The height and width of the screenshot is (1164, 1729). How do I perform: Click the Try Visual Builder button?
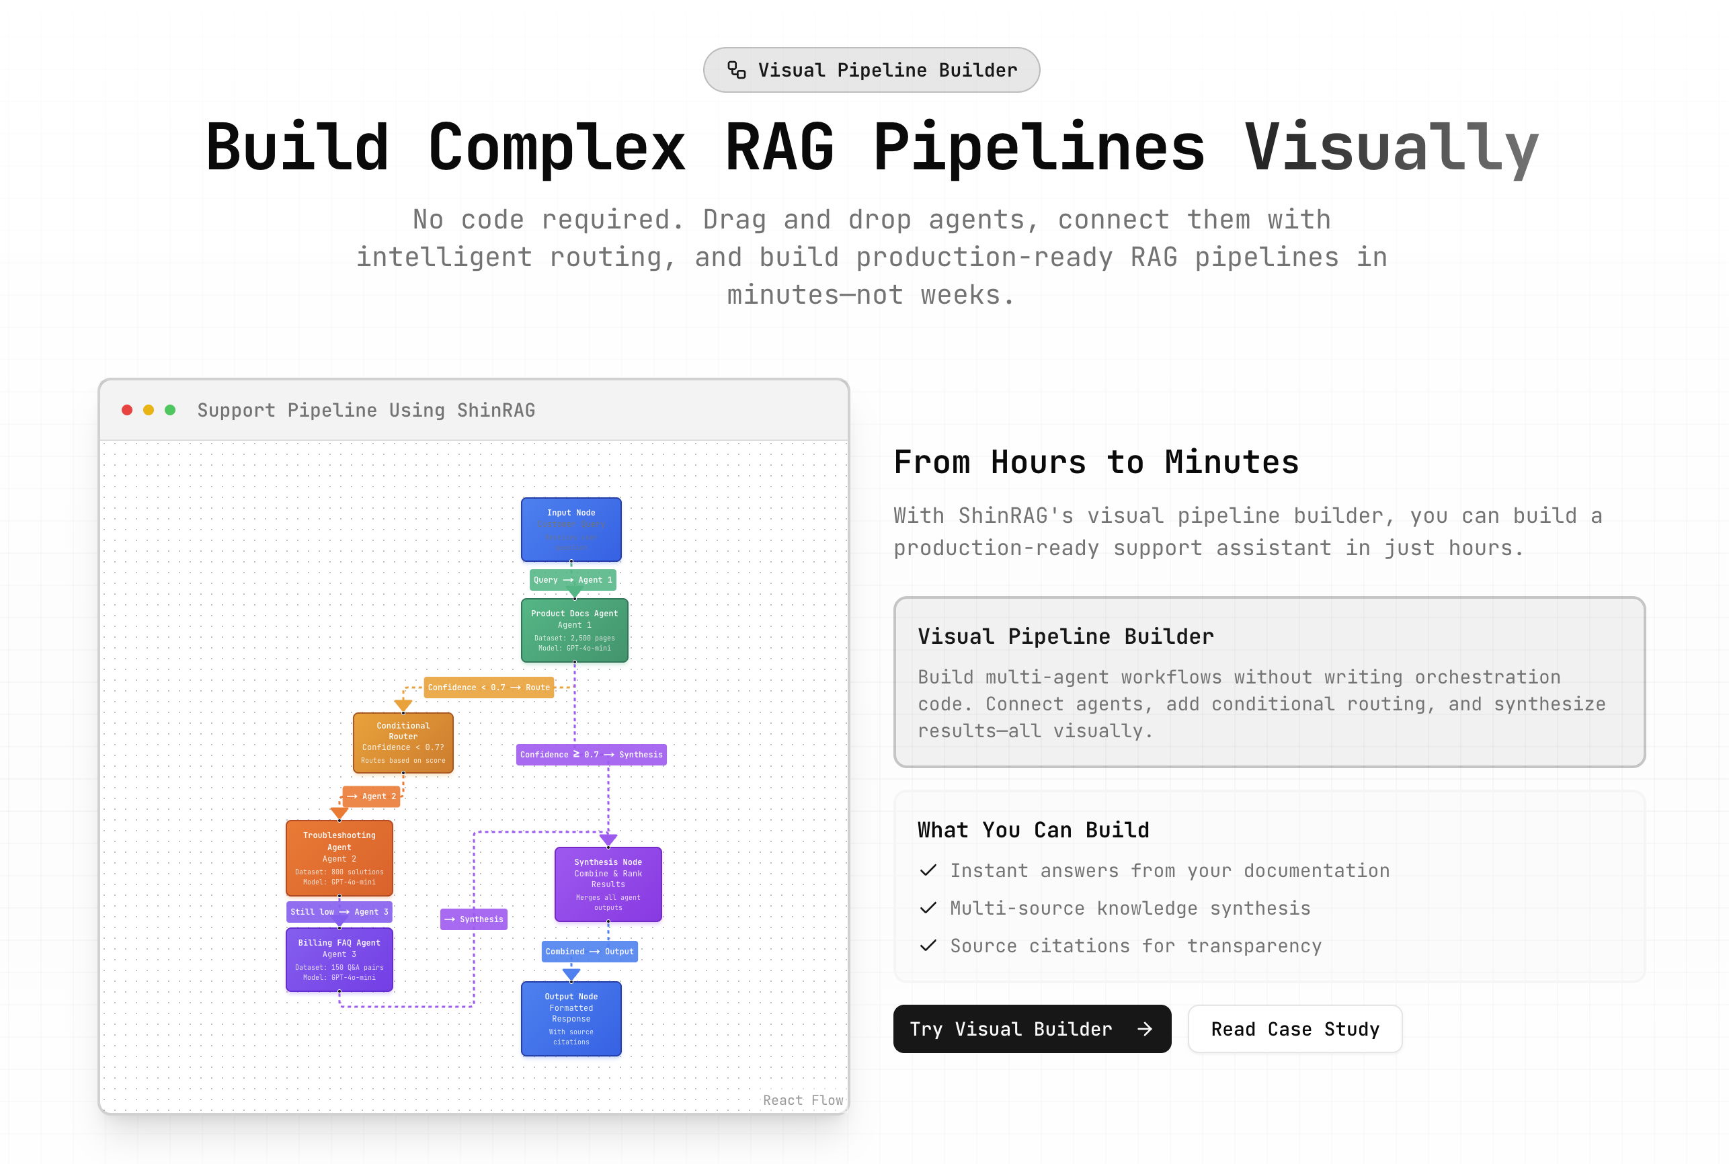coord(1031,1029)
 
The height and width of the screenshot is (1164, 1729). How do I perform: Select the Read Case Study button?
coord(1294,1029)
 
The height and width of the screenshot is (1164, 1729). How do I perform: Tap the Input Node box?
coord(571,530)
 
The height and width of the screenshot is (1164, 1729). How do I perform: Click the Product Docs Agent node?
coord(574,630)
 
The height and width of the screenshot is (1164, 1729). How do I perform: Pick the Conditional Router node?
coord(403,743)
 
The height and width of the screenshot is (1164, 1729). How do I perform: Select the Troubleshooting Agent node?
coord(339,858)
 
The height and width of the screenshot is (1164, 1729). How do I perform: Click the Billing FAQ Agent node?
coord(339,959)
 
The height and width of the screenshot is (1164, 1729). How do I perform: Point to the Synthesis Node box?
coord(608,884)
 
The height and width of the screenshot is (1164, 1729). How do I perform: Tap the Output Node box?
coord(571,1019)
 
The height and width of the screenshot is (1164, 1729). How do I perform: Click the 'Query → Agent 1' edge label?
coord(572,580)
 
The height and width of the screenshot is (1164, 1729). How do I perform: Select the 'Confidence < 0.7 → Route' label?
coord(489,688)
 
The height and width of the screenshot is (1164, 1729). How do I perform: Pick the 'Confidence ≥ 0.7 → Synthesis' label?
coord(591,754)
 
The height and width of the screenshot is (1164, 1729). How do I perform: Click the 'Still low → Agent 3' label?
coord(339,911)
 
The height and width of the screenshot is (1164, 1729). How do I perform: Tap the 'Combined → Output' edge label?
coord(590,951)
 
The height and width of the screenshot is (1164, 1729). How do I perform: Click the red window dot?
coord(127,410)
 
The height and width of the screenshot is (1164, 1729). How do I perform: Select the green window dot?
coord(170,410)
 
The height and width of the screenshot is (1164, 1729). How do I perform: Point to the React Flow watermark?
coord(803,1099)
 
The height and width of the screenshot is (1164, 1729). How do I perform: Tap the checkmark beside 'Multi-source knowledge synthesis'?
coord(928,908)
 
